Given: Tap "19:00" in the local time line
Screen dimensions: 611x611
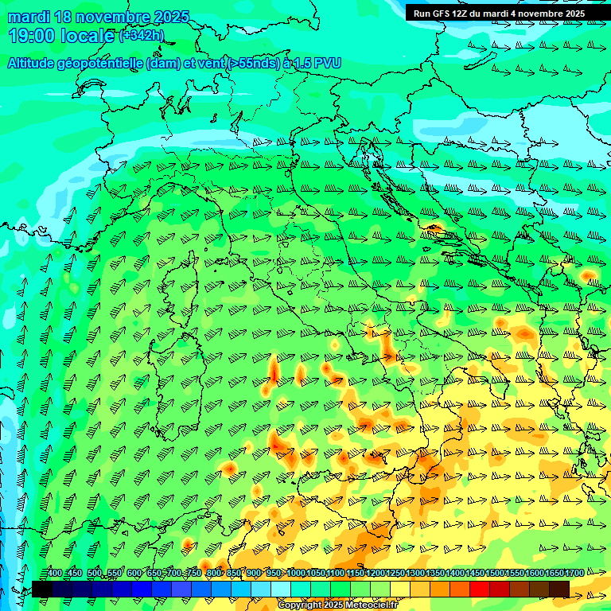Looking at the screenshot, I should click(x=32, y=36).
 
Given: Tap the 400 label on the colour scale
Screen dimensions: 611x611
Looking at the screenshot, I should click(x=55, y=574).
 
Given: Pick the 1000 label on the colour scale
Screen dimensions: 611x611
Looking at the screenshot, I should click(x=296, y=574).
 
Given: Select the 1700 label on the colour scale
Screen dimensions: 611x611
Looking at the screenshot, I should click(x=555, y=574).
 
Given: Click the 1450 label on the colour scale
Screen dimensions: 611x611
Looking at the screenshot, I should click(x=475, y=574).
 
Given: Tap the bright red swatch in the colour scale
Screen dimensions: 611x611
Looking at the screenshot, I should click(x=480, y=589).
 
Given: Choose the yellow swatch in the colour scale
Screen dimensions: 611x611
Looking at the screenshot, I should click(x=400, y=589).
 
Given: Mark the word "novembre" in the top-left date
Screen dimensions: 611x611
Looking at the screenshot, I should click(x=114, y=17).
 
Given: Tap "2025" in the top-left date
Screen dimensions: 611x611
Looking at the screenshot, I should click(x=172, y=17).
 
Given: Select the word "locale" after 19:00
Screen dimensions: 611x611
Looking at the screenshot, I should click(x=88, y=36).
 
